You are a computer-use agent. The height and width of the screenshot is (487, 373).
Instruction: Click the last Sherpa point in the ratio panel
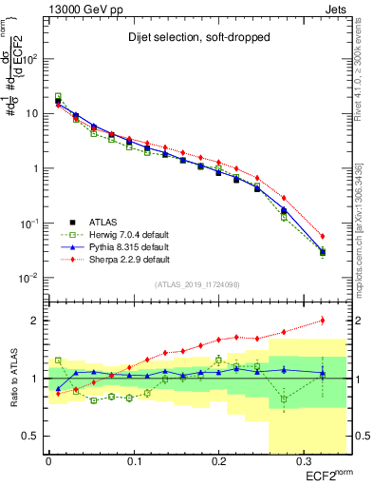323,321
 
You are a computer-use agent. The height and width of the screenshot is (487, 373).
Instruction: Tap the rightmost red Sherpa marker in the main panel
323,236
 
